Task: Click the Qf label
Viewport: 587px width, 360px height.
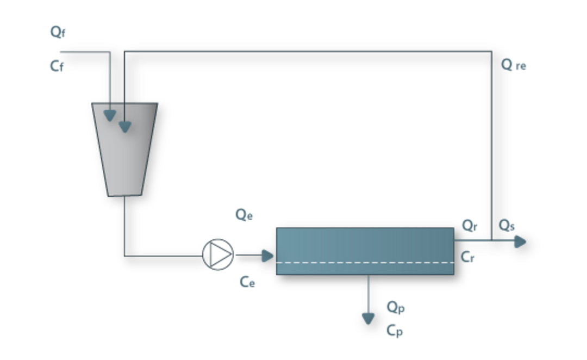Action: click(x=58, y=32)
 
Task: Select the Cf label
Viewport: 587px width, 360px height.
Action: click(x=57, y=66)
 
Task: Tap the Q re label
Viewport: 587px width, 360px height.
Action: click(x=513, y=65)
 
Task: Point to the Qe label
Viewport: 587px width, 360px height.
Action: click(x=243, y=215)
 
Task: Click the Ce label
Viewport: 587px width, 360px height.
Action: click(x=247, y=282)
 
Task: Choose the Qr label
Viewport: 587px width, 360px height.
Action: click(x=470, y=226)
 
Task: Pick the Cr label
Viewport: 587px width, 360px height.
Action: click(x=467, y=257)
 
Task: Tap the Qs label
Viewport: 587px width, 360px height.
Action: click(x=507, y=226)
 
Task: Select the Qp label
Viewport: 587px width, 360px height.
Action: click(x=395, y=308)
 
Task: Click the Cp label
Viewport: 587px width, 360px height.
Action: click(x=395, y=331)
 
